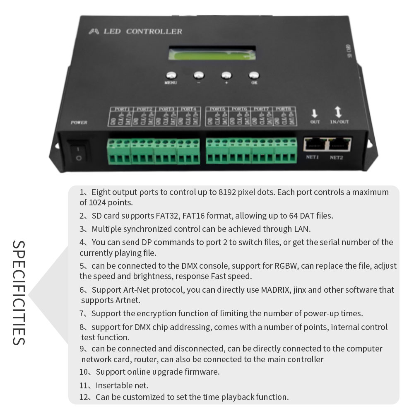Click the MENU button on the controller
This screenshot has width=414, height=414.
tap(171, 75)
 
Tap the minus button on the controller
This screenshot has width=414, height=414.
tap(199, 75)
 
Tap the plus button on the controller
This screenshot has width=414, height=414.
tap(226, 75)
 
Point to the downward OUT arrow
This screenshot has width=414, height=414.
tap(314, 113)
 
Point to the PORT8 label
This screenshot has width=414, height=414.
tap(284, 109)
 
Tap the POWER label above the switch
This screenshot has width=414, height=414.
tap(79, 123)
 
